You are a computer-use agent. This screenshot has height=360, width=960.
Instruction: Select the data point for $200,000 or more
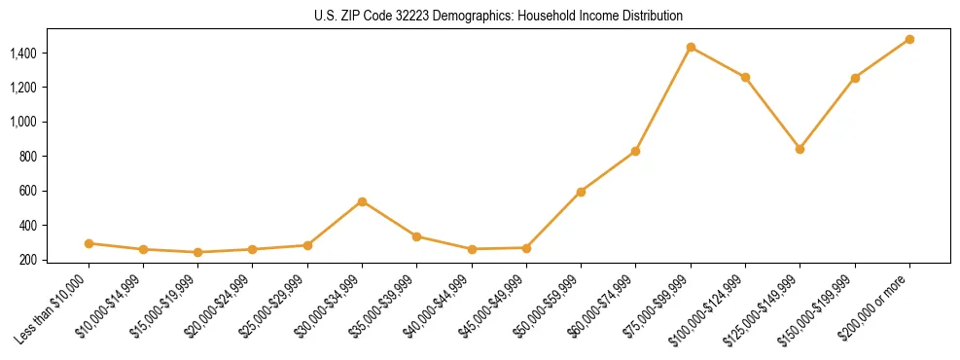pyautogui.click(x=909, y=39)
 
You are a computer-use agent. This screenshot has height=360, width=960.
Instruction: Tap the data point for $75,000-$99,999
pyautogui.click(x=691, y=47)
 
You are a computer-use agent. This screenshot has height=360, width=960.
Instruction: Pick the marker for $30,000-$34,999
pyautogui.click(x=362, y=201)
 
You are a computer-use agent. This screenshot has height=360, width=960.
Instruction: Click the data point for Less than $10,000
pyautogui.click(x=89, y=243)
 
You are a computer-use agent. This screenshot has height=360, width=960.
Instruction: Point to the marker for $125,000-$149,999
pyautogui.click(x=800, y=149)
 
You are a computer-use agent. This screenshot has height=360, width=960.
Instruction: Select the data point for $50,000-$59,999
pyautogui.click(x=581, y=192)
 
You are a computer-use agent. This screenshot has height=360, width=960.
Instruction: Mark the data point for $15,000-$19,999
pyautogui.click(x=197, y=252)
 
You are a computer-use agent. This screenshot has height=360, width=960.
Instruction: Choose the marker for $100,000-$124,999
pyautogui.click(x=745, y=77)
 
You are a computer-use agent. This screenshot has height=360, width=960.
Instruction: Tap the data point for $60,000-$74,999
pyautogui.click(x=635, y=151)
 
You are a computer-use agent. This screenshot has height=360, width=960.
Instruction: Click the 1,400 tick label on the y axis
pyautogui.click(x=24, y=53)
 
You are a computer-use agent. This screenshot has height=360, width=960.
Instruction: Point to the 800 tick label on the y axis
pyautogui.click(x=29, y=157)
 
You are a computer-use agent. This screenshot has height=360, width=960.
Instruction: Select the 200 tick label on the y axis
pyautogui.click(x=29, y=260)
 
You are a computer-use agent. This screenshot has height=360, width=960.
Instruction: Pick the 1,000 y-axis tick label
pyautogui.click(x=24, y=122)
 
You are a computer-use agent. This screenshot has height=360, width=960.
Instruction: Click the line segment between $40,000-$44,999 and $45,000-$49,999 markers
pyautogui.click(x=499, y=248)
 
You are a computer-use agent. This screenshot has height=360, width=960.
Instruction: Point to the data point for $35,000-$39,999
pyautogui.click(x=416, y=236)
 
